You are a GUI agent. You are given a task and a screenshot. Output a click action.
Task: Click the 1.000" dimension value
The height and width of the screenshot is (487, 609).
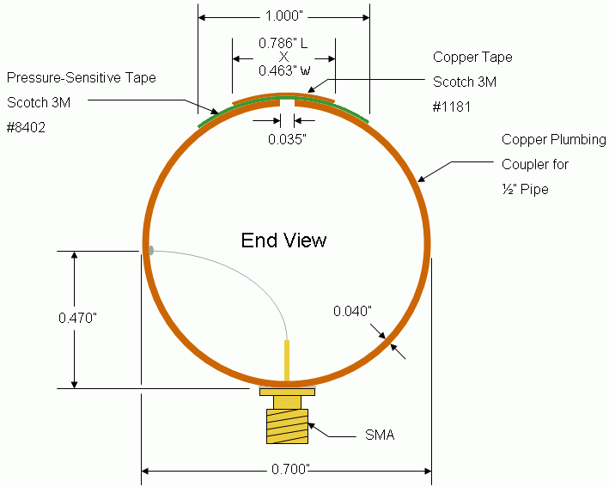pyautogui.click(x=284, y=16)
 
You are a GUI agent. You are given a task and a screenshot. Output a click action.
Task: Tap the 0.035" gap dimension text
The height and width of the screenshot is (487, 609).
pyautogui.click(x=287, y=139)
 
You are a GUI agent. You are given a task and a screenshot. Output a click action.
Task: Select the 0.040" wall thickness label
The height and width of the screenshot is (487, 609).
pyautogui.click(x=352, y=311)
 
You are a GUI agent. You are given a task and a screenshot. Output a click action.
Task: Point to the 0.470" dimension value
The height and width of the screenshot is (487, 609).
pyautogui.click(x=77, y=318)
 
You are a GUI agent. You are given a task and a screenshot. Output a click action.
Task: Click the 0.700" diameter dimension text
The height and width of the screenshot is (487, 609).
pyautogui.click(x=290, y=469)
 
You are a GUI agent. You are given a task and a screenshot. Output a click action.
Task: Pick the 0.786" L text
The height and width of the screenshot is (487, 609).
pyautogui.click(x=283, y=43)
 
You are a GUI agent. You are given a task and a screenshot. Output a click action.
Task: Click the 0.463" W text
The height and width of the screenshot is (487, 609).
pyautogui.click(x=284, y=70)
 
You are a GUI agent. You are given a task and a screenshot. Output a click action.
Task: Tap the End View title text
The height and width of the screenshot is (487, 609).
pyautogui.click(x=283, y=240)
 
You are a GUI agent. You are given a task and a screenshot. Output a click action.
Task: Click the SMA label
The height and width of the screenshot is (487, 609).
pyautogui.click(x=380, y=435)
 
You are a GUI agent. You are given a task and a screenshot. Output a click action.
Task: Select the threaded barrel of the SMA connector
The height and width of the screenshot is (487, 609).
pyautogui.click(x=287, y=426)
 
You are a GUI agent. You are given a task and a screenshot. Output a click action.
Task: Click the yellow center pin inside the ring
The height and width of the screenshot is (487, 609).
pyautogui.click(x=287, y=361)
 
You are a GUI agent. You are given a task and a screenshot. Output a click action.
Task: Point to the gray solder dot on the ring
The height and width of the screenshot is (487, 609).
pyautogui.click(x=151, y=251)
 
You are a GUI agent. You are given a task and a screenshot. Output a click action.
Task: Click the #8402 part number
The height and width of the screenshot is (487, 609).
pyautogui.click(x=26, y=127)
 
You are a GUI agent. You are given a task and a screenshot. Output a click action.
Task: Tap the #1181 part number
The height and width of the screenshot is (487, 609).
pyautogui.click(x=452, y=107)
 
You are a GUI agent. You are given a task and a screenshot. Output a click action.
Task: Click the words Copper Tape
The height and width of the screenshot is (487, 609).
pyautogui.click(x=472, y=58)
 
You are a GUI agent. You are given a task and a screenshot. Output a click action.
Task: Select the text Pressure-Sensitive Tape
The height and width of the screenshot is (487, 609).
pyautogui.click(x=82, y=77)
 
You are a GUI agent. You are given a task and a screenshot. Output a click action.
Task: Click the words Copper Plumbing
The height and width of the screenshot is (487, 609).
pyautogui.click(x=554, y=140)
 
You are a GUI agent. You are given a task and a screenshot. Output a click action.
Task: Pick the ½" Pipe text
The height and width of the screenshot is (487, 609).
pyautogui.click(x=525, y=190)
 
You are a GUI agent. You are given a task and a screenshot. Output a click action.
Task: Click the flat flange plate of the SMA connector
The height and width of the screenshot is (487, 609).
pyautogui.click(x=287, y=393)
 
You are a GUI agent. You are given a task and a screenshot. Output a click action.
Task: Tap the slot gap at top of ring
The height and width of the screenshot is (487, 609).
pyautogui.click(x=287, y=102)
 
